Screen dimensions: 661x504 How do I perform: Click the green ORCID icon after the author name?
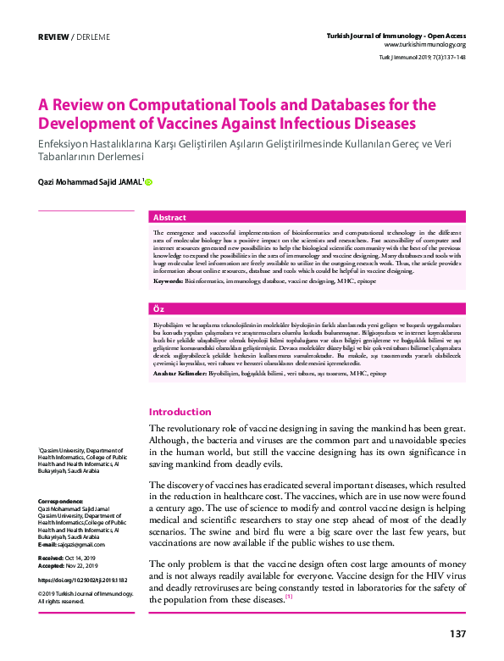(x=149, y=181)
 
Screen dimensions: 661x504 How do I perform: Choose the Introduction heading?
(x=180, y=412)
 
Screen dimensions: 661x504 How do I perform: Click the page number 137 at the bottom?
(x=457, y=634)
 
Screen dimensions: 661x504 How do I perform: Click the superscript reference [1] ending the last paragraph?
(x=288, y=597)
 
